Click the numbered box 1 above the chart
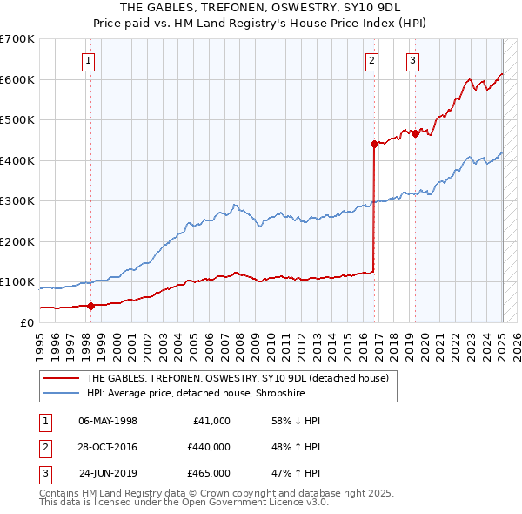[x=90, y=60]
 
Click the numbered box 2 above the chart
[x=371, y=60]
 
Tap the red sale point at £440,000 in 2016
[x=374, y=144]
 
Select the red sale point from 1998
[x=90, y=306]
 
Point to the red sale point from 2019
[x=415, y=133]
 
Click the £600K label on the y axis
[x=17, y=79]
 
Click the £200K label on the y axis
[x=17, y=241]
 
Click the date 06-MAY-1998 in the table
[x=108, y=421]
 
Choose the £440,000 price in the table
[x=209, y=447]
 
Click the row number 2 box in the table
[x=43, y=447]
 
